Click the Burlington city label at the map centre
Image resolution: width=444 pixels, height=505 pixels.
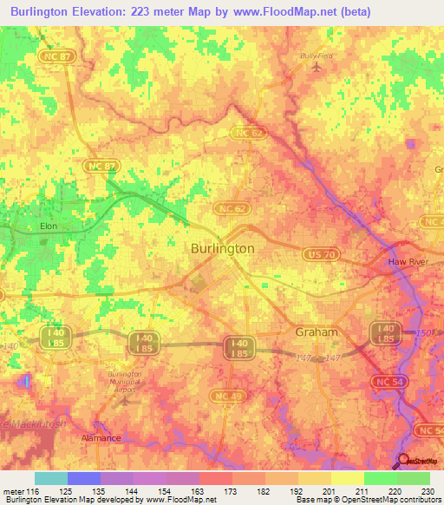coord(222,248)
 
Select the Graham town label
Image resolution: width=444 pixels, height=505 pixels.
coord(317,331)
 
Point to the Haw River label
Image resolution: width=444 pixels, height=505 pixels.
coord(408,261)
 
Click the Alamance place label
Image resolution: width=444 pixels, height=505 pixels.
coord(101,438)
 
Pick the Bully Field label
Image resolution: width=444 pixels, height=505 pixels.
coord(317,56)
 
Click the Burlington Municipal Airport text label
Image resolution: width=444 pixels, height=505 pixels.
coord(126,381)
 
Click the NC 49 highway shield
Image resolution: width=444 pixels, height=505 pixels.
coord(225,397)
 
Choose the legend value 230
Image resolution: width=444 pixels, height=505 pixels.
coord(425,490)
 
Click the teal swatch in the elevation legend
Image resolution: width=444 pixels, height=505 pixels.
coord(51,478)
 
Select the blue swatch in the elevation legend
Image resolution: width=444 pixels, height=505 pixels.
coord(84,478)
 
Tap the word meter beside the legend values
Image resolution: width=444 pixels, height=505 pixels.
coord(13,490)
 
